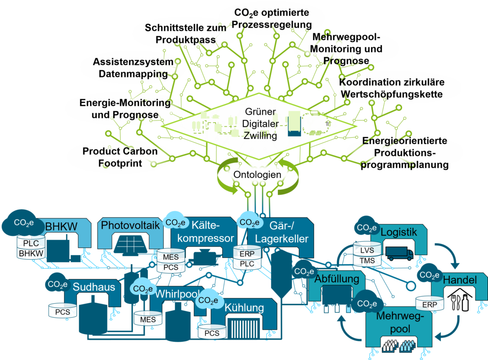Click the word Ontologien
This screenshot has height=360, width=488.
click(x=257, y=175)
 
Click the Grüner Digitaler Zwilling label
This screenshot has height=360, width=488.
click(x=260, y=124)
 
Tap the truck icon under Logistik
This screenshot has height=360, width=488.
click(x=399, y=253)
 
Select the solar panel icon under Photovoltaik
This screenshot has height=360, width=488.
click(x=131, y=245)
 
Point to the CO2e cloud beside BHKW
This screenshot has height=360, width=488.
click(x=23, y=223)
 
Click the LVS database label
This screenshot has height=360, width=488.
click(x=367, y=250)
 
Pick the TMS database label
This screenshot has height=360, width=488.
click(x=367, y=261)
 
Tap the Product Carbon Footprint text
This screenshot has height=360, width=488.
click(x=120, y=157)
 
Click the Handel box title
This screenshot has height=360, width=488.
click(x=460, y=280)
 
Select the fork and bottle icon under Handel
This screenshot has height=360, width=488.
click(x=460, y=300)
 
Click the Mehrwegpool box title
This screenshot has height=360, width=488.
click(x=400, y=322)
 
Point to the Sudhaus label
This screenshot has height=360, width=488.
click(x=94, y=287)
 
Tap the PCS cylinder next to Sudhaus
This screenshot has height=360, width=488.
click(x=63, y=310)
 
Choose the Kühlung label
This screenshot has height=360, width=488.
click(x=244, y=307)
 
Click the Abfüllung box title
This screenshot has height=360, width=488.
click(x=337, y=279)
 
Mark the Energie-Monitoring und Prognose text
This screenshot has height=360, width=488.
click(x=125, y=108)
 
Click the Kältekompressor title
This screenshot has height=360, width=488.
click(x=206, y=231)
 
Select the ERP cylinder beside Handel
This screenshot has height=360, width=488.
click(x=430, y=304)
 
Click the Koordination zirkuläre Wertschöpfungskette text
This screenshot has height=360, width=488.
click(x=392, y=88)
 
